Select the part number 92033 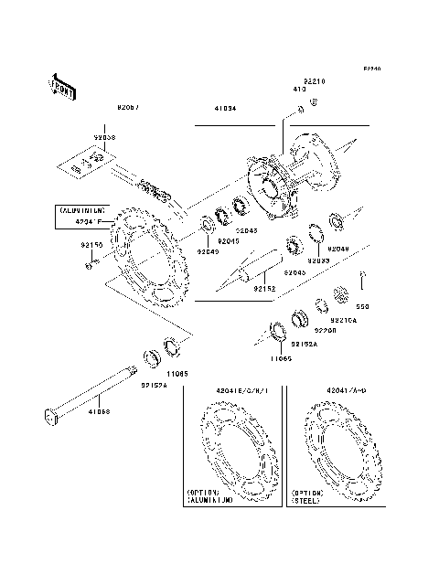tap(317, 261)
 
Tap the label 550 tap(362, 307)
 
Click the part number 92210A tap(344, 321)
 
